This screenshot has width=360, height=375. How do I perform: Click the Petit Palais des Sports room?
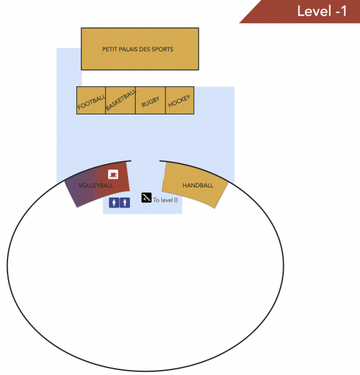point(140,49)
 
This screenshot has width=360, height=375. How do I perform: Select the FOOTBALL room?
point(91,101)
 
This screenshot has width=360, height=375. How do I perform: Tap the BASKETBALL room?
point(121,101)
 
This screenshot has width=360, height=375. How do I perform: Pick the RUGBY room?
point(150,101)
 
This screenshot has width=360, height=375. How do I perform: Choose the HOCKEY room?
point(179,101)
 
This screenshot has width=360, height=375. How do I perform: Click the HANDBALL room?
point(195,184)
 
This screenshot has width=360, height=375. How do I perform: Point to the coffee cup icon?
point(113,174)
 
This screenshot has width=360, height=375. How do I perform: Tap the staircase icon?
point(146,197)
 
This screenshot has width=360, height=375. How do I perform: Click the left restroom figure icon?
point(114,202)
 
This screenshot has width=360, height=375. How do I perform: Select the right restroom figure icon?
point(125,202)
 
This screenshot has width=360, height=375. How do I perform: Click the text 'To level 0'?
point(165,200)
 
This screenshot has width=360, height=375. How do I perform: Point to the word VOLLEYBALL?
point(96,186)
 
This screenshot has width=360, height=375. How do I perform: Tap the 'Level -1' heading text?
point(322,11)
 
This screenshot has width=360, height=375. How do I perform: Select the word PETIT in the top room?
point(109,49)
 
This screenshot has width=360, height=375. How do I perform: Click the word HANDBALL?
point(198,186)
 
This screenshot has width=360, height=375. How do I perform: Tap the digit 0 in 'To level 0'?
point(176,200)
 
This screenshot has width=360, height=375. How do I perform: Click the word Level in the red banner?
point(314,11)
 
